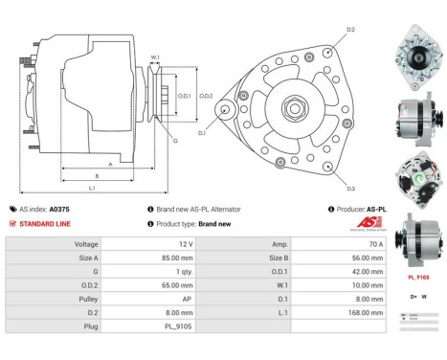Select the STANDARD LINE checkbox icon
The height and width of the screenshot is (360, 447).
coord(11,223)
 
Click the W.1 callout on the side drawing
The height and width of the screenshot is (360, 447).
coord(155,58)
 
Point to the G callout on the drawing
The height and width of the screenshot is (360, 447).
coord(174,141)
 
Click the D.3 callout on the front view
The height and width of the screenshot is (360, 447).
coord(350,188)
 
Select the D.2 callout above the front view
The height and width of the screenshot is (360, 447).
coord(350,30)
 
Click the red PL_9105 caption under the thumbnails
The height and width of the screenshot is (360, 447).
coord(418,277)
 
